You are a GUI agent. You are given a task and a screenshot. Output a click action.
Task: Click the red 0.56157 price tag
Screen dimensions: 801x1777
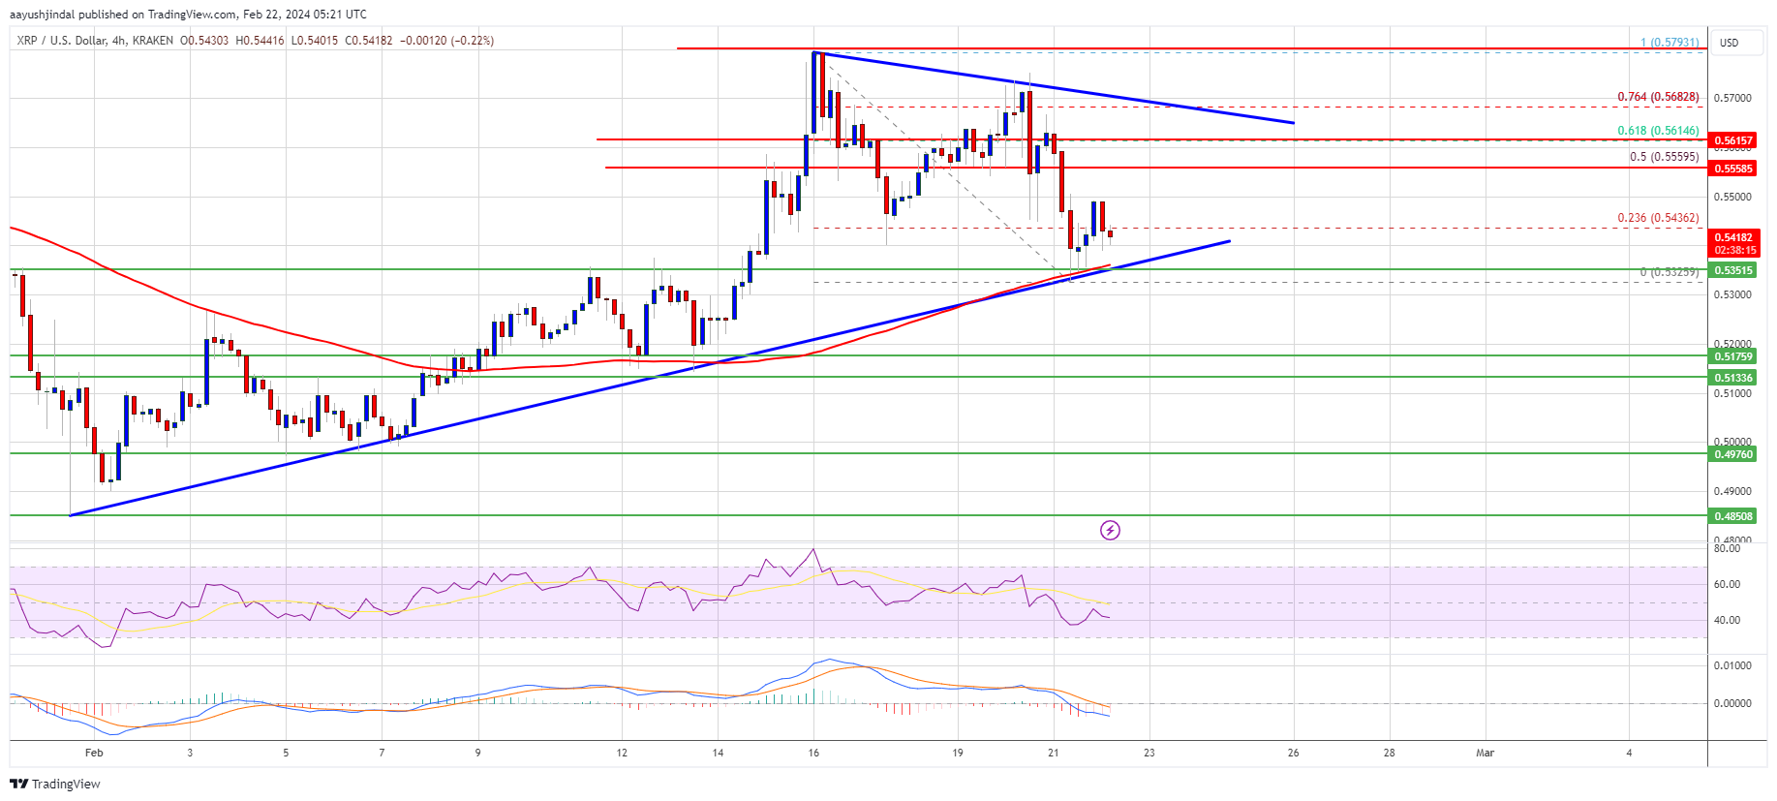(x=1732, y=140)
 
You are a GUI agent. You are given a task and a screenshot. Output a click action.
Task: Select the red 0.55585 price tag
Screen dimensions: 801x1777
(x=1732, y=169)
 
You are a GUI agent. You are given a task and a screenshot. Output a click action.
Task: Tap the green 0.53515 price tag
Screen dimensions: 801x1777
(x=1732, y=270)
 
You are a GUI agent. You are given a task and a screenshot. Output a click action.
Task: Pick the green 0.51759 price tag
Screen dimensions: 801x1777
(x=1732, y=356)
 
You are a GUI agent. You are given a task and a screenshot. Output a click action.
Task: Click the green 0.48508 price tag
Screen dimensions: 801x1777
(x=1732, y=516)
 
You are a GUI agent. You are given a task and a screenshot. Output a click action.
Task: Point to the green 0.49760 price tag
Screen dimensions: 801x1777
(x=1732, y=454)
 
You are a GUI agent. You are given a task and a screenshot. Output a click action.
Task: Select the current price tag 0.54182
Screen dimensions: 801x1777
(x=1732, y=237)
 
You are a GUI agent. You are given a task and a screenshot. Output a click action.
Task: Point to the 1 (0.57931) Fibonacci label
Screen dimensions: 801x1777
(x=1669, y=43)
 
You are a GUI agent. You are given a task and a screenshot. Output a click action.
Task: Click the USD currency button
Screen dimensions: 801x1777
(x=1729, y=43)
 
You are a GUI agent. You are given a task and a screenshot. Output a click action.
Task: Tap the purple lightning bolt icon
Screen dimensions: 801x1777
(x=1110, y=530)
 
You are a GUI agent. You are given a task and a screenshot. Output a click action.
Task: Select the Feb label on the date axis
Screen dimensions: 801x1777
(x=94, y=753)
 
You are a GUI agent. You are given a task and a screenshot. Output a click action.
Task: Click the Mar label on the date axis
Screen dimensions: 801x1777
(x=1485, y=753)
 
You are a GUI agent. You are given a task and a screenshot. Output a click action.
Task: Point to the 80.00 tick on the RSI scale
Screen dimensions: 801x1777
(x=1727, y=548)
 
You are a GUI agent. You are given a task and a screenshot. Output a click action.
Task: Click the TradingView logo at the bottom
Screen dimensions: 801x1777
(x=57, y=784)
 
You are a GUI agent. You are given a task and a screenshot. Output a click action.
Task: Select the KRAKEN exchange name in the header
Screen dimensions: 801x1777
(x=153, y=41)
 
